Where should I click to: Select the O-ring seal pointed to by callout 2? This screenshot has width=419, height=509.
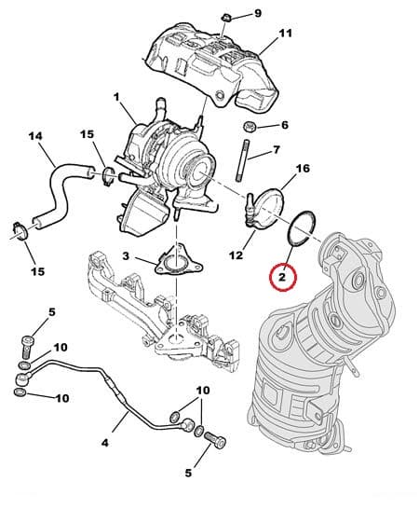click(302, 229)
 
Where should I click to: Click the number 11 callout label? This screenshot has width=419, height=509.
click(286, 34)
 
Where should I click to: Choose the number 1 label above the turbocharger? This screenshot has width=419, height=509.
click(117, 97)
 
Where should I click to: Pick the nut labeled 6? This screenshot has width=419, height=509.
click(250, 126)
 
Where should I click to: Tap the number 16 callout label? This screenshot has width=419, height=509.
click(302, 169)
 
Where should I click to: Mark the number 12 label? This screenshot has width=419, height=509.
click(236, 255)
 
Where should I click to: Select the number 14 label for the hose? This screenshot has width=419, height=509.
click(35, 137)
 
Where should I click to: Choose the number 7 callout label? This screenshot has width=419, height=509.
click(277, 151)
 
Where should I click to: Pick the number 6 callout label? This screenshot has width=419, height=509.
click(284, 125)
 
